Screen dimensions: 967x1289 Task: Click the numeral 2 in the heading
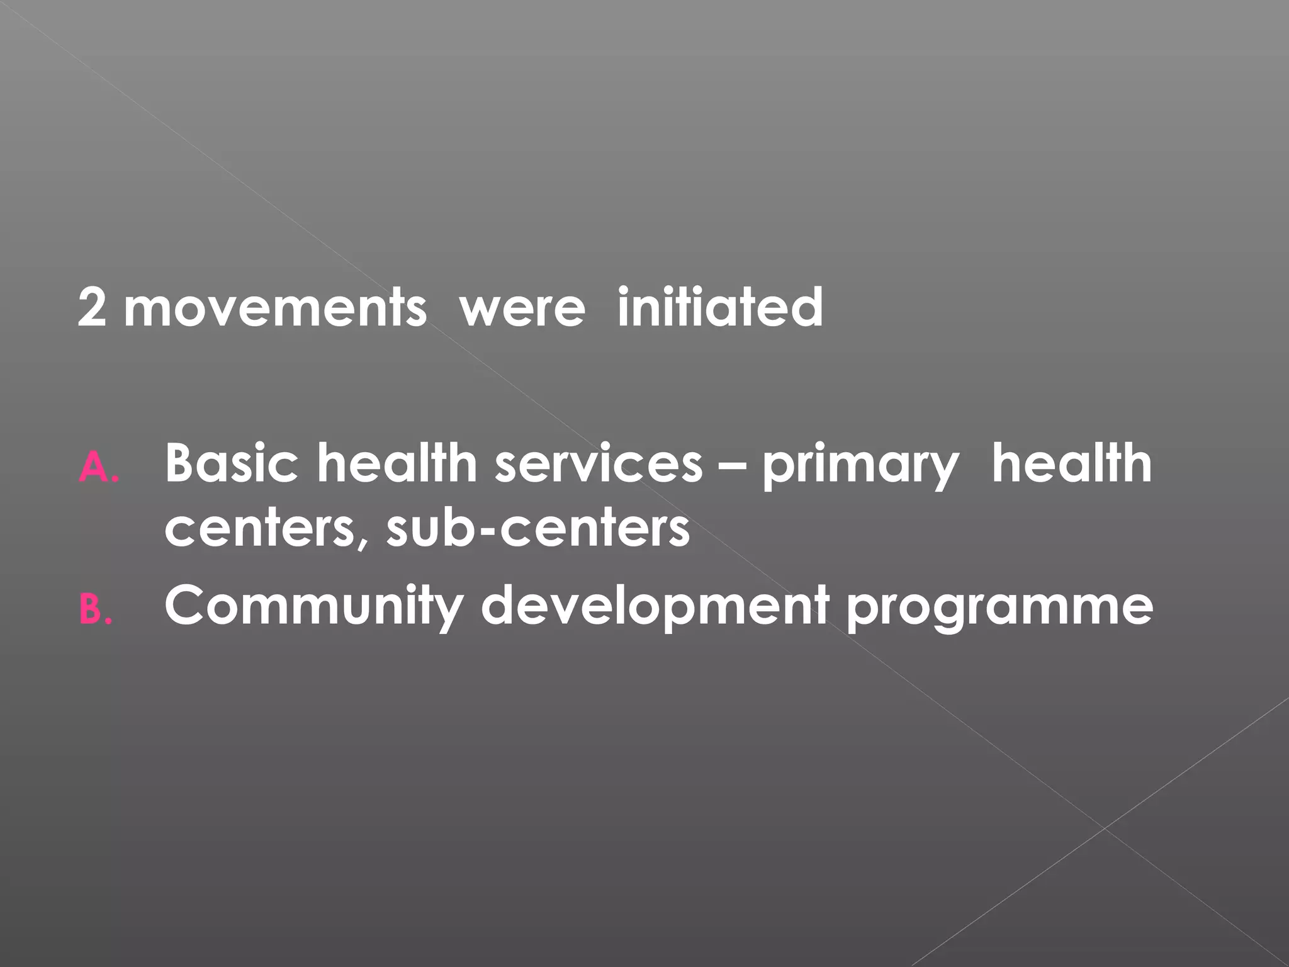coord(93,308)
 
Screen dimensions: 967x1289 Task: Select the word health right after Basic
coord(397,463)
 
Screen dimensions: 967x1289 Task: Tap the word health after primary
coord(1071,463)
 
